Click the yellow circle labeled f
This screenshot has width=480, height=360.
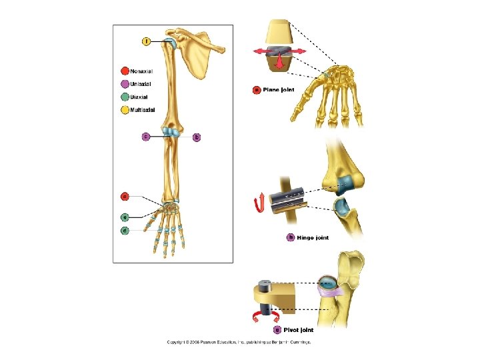tap(146, 41)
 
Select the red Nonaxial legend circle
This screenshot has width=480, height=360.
tap(124, 71)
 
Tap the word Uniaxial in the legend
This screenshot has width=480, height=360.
tap(140, 84)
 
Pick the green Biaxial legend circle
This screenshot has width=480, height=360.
tap(124, 97)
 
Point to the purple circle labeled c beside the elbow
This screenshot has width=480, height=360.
tap(146, 137)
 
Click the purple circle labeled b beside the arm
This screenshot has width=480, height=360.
tap(196, 137)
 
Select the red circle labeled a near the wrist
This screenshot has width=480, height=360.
tap(124, 196)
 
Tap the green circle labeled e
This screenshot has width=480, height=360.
tap(124, 217)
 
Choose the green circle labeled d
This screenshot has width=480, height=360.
tap(124, 230)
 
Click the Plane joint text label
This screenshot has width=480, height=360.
tap(279, 89)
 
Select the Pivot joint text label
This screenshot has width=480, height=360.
tap(298, 329)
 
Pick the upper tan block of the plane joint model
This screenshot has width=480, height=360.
tap(279, 33)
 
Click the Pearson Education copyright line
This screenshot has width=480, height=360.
tap(239, 343)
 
